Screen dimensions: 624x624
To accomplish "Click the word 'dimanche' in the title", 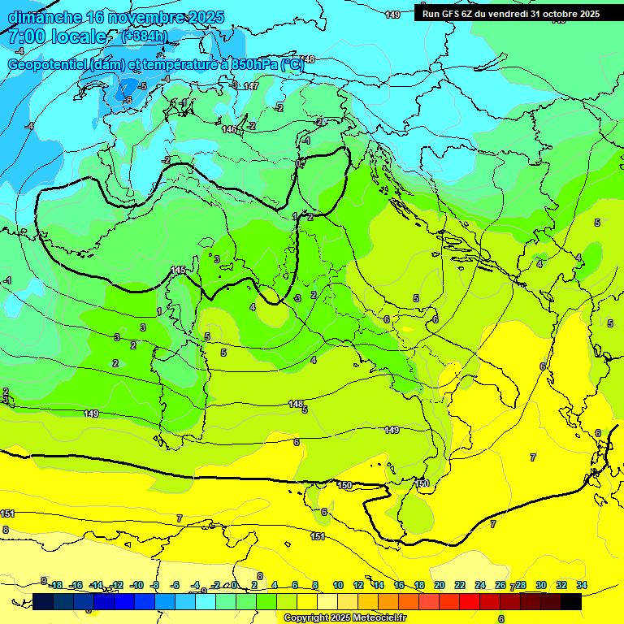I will pyautogui.click(x=42, y=17).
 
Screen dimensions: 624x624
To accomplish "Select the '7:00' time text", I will pyautogui.click(x=25, y=37).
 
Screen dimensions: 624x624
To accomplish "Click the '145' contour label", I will pyautogui.click(x=179, y=270).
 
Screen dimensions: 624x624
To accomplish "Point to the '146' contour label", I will pyautogui.click(x=230, y=129).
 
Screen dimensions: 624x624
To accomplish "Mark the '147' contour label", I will pyautogui.click(x=251, y=86).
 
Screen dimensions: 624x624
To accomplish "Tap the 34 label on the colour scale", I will pyautogui.click(x=582, y=585).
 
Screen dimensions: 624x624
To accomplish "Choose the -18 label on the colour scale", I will pyautogui.click(x=55, y=585).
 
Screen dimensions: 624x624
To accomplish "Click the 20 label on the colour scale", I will pyautogui.click(x=440, y=585).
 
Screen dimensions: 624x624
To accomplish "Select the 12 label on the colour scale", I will pyautogui.click(x=358, y=585).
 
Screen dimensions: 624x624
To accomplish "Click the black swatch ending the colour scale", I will pyautogui.click(x=571, y=601).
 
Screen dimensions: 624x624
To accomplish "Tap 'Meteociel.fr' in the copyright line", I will pyautogui.click(x=378, y=618).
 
